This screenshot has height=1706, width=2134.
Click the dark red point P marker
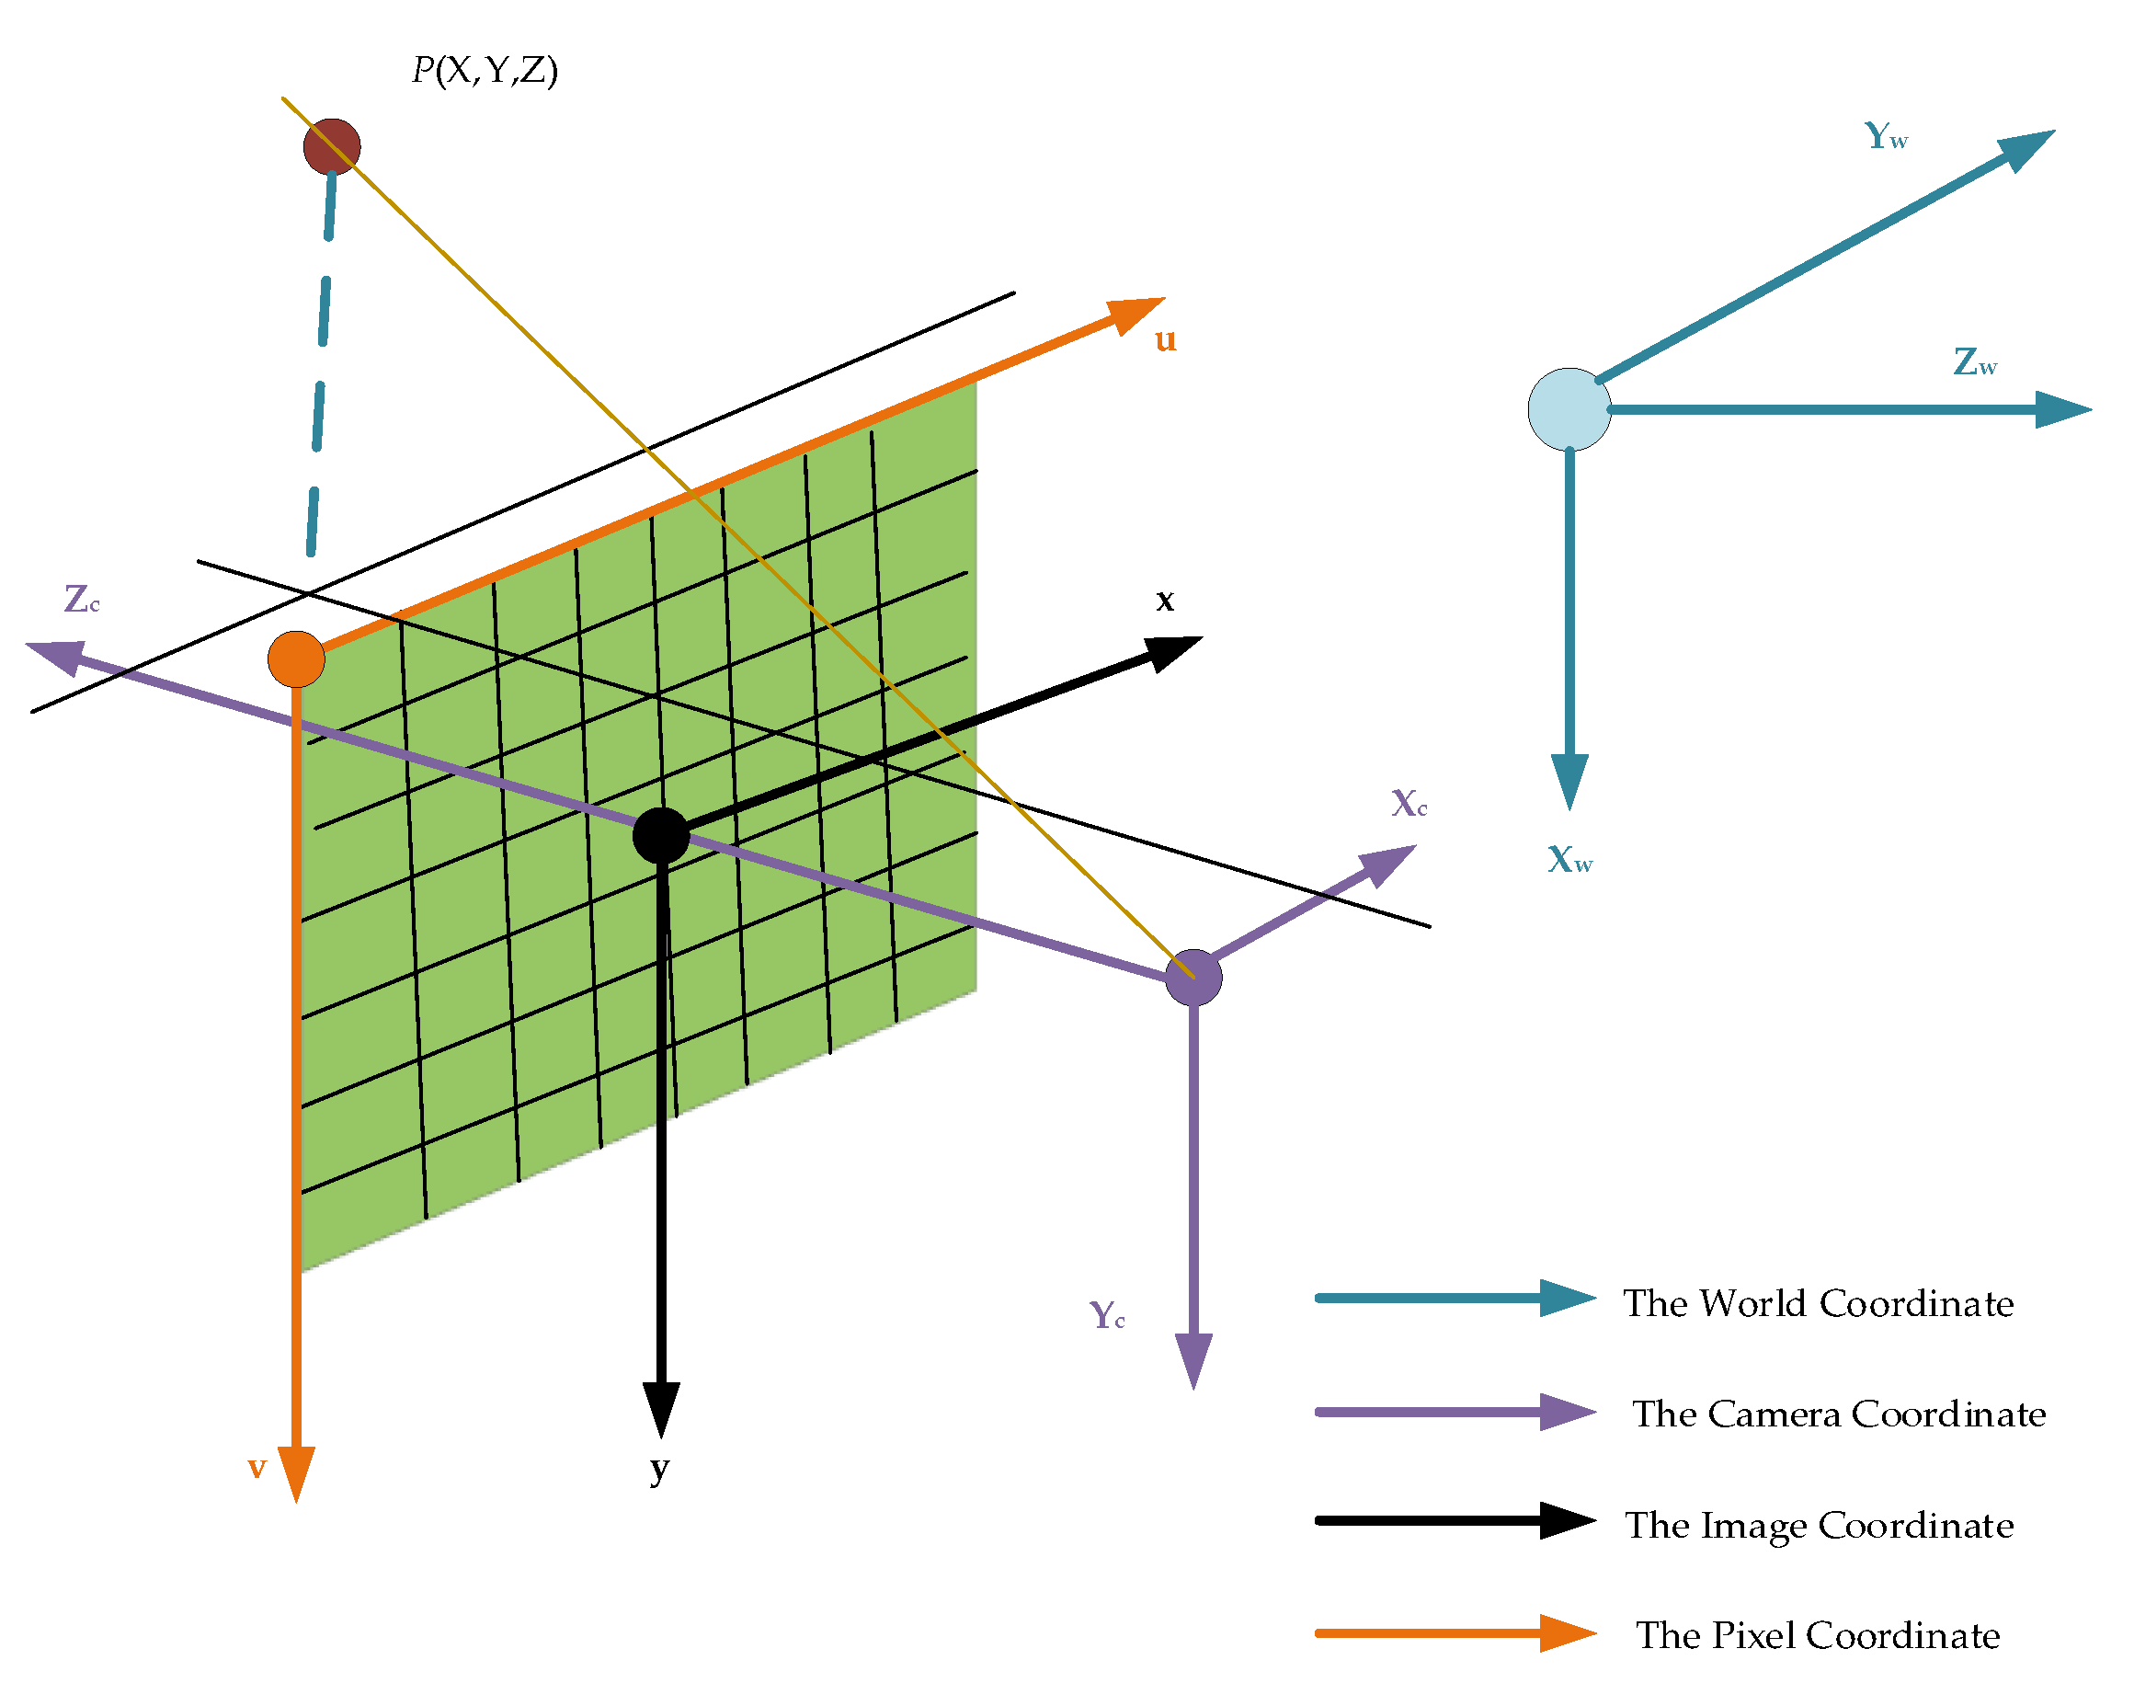[332, 146]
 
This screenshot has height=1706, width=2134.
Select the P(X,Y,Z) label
[485, 70]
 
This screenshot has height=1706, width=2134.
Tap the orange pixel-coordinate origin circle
[296, 658]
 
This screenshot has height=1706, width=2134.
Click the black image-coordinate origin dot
[660, 835]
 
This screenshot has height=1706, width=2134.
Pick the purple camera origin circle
[1193, 978]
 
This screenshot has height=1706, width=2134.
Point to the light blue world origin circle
[1569, 409]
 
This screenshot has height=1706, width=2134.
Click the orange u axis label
[1165, 339]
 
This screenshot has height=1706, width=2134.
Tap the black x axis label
[1165, 599]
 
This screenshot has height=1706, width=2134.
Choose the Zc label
[81, 599]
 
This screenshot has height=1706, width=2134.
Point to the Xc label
[1409, 802]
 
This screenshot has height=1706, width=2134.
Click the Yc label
[1107, 1315]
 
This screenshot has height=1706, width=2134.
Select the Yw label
[1886, 135]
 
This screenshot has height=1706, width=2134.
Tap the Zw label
[1975, 362]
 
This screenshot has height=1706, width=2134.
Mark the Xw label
[1569, 858]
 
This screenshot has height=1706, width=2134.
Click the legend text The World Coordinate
[1819, 1303]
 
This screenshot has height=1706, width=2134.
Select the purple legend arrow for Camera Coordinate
[1455, 1412]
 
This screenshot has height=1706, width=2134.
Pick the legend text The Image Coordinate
[1819, 1525]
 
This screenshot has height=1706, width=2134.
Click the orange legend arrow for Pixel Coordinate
[1455, 1632]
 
